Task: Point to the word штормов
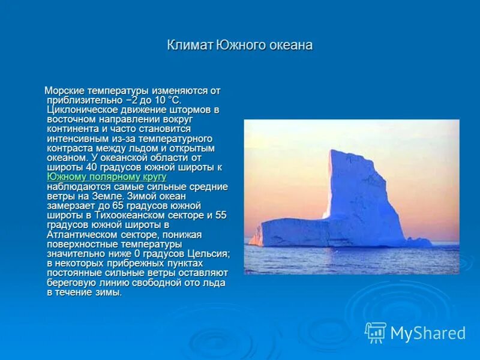pos(194,110)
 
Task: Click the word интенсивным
pos(76,139)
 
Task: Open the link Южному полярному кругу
pos(106,177)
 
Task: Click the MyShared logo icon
pos(376,332)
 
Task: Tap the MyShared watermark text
pos(428,333)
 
